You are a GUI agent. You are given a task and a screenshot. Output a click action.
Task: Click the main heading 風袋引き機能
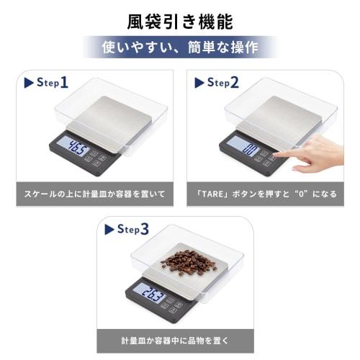(x=179, y=19)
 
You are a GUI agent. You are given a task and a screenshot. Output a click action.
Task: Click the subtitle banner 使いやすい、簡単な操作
(x=179, y=49)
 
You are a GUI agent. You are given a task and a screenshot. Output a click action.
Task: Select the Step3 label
(x=133, y=230)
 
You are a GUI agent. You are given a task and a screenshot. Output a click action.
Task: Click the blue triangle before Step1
(x=29, y=83)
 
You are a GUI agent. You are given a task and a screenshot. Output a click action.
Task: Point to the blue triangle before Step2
(x=198, y=83)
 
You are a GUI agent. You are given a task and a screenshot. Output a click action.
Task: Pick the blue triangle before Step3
(x=109, y=230)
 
